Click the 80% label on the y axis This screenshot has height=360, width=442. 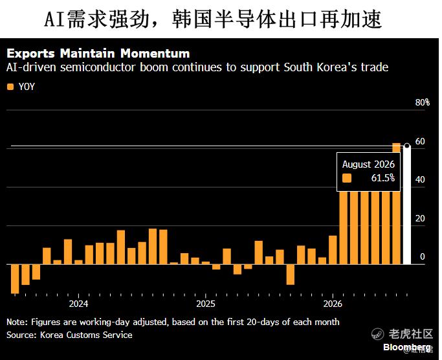click(x=423, y=102)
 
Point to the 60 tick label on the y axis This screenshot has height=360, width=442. click(x=420, y=141)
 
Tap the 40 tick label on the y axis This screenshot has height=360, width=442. click(x=420, y=179)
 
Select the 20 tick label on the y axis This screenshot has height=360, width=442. click(x=420, y=218)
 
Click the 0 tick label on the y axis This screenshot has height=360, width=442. click(x=423, y=256)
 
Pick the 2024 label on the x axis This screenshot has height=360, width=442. click(x=78, y=304)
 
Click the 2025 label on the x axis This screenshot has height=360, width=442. click(x=206, y=304)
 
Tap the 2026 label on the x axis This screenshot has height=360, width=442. click(x=333, y=304)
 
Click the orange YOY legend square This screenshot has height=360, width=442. click(x=10, y=87)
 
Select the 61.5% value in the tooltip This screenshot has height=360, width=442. click(x=383, y=178)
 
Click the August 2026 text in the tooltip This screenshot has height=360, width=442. click(x=368, y=164)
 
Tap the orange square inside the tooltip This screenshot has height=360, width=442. click(x=347, y=178)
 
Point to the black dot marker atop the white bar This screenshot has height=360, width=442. click(x=407, y=146)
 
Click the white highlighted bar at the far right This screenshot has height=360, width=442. click(x=407, y=205)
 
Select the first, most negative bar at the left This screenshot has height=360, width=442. click(x=15, y=279)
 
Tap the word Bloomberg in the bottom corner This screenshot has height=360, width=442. click(x=407, y=347)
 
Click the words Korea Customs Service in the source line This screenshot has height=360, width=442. click(x=86, y=335)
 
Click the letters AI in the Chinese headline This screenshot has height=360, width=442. click(x=55, y=19)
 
